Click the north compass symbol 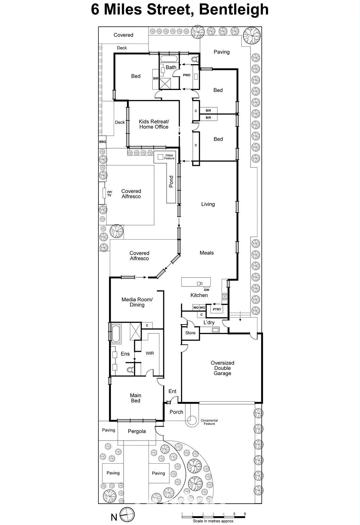(127, 514)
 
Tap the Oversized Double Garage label (222, 368)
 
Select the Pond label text (171, 181)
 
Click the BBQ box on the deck (103, 142)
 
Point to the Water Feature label (169, 157)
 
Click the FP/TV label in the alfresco (110, 194)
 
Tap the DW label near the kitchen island (207, 290)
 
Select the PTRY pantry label (217, 309)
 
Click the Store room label (190, 333)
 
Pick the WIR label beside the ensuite (150, 353)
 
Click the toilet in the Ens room (130, 370)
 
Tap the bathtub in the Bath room (169, 59)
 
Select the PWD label (187, 75)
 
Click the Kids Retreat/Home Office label (154, 124)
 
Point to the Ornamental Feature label (209, 422)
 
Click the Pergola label (137, 431)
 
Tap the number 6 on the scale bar (245, 514)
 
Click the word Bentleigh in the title (234, 9)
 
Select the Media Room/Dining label (137, 302)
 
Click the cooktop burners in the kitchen (225, 297)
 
